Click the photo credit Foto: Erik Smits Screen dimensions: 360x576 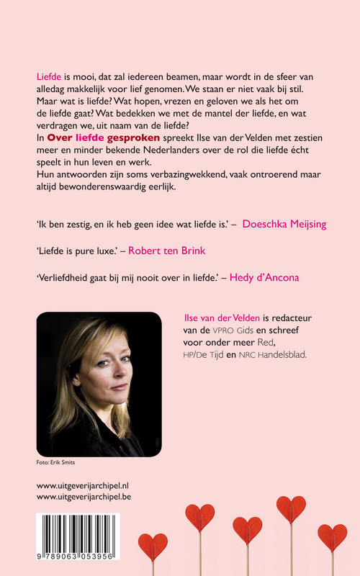tap(56, 462)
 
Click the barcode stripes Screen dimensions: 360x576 tap(78, 532)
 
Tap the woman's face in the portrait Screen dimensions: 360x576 tap(86, 374)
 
